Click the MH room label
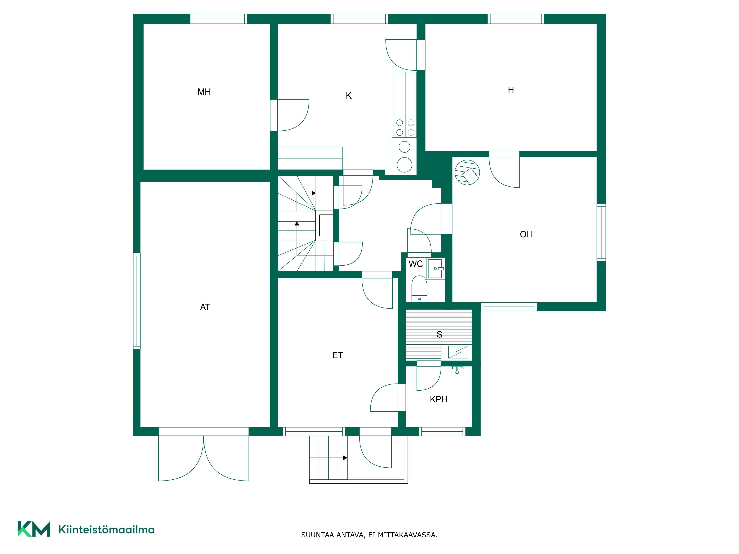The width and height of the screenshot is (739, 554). coord(204,92)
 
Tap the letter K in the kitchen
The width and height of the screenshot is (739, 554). coord(348,96)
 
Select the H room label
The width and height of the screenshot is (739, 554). coord(511,90)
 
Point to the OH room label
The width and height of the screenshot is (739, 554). coord(526,234)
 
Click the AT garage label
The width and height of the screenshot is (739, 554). coord(205,307)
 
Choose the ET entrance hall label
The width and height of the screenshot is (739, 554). coord(337,355)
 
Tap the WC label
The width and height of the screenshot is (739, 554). coord(416,264)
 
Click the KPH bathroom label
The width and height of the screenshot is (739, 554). coord(438,399)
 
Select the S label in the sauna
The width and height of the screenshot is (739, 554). coord(439,334)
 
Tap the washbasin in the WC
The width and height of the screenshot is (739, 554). coord(436,269)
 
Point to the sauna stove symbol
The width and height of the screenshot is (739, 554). coord(458,352)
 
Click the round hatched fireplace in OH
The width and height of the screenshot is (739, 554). coord(467,172)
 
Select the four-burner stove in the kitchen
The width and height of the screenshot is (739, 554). coord(405,128)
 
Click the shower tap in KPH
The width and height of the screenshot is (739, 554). coord(457,369)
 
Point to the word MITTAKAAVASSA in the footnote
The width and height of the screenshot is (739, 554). coord(408,535)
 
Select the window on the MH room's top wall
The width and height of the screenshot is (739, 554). coord(219,19)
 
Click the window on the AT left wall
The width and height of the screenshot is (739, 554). coord(137,301)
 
